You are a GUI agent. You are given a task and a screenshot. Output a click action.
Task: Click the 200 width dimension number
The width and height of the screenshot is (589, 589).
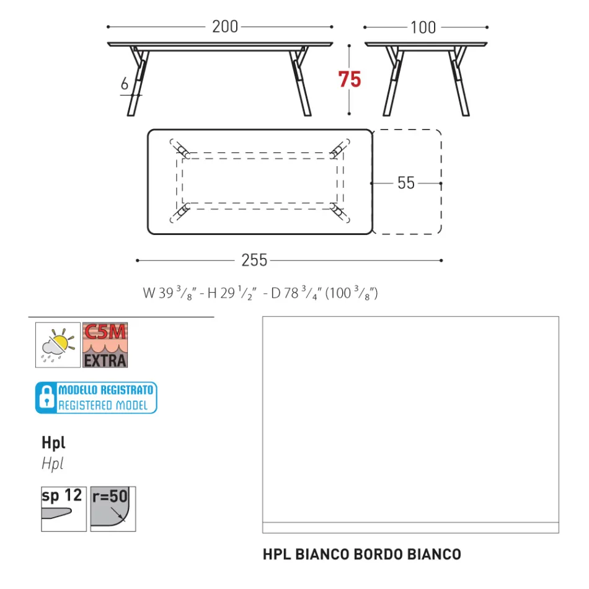(x=224, y=27)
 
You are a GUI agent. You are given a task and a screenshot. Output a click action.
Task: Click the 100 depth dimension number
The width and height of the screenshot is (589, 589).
(x=423, y=27)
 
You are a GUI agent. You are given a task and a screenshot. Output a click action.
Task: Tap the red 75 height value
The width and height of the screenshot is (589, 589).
(x=350, y=80)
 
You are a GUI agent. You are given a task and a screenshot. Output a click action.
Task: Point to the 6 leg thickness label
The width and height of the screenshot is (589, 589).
(x=125, y=84)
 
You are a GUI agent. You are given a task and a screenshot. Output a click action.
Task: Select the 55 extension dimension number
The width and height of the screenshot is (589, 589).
(x=406, y=183)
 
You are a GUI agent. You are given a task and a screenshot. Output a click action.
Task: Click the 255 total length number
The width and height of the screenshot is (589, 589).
(x=254, y=260)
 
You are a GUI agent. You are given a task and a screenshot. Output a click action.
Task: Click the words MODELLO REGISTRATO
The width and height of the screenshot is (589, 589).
(x=105, y=391)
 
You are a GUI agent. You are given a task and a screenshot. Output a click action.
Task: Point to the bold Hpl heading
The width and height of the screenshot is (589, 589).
(x=53, y=442)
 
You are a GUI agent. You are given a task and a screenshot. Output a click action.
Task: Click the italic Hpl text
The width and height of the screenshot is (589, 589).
(x=53, y=463)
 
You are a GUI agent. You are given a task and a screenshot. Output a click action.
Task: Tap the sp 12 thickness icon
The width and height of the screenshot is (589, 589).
(x=64, y=509)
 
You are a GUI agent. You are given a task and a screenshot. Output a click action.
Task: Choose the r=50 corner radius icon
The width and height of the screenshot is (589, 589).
(x=113, y=509)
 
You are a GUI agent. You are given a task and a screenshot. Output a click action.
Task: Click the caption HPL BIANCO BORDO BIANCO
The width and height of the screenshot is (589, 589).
(x=362, y=554)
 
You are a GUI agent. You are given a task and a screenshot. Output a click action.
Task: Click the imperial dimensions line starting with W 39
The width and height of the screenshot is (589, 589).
(x=260, y=293)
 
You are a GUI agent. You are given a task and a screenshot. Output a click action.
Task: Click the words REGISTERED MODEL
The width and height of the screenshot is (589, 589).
(x=103, y=405)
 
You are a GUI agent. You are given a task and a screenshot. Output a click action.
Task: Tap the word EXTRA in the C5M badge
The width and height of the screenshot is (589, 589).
(x=105, y=359)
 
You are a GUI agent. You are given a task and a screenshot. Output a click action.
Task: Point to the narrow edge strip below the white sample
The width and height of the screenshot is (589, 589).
(x=410, y=528)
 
